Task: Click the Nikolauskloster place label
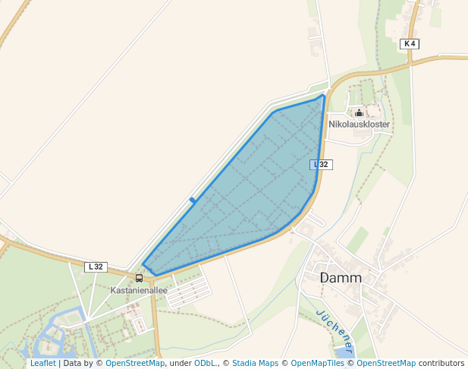point(359,124)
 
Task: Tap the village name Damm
point(341,278)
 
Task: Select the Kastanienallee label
point(139,290)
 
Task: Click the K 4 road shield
point(410,44)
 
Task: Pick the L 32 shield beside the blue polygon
point(322,165)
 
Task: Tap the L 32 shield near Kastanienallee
point(96,266)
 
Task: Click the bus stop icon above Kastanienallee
point(139,279)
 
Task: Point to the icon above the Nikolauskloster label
point(359,112)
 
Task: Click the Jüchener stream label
point(335,331)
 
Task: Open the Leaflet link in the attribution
point(42,363)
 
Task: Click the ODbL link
point(205,363)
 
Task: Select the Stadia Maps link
point(255,363)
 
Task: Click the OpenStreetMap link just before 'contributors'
point(386,363)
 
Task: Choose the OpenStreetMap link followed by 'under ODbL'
point(135,363)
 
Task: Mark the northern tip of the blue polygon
point(324,95)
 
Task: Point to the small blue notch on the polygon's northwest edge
point(193,200)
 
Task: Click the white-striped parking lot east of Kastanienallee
point(188,292)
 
